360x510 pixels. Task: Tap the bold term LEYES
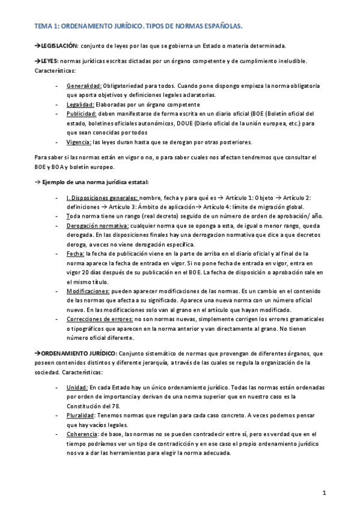tap(50, 61)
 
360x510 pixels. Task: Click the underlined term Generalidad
tap(84, 86)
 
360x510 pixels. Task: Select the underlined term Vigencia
tap(79, 142)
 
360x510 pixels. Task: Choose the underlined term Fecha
tap(75, 254)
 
